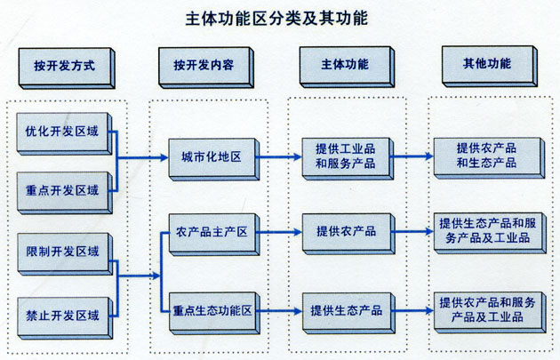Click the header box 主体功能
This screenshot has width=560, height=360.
tap(345, 65)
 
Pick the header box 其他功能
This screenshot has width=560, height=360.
tap(486, 65)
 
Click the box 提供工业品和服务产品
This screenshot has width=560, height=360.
tap(344, 156)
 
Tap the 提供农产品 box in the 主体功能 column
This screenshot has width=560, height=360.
tap(344, 231)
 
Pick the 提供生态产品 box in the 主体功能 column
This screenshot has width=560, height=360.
tap(344, 310)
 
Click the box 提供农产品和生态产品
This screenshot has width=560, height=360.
tap(486, 156)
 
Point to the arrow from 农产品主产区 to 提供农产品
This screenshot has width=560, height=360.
tap(279, 232)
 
